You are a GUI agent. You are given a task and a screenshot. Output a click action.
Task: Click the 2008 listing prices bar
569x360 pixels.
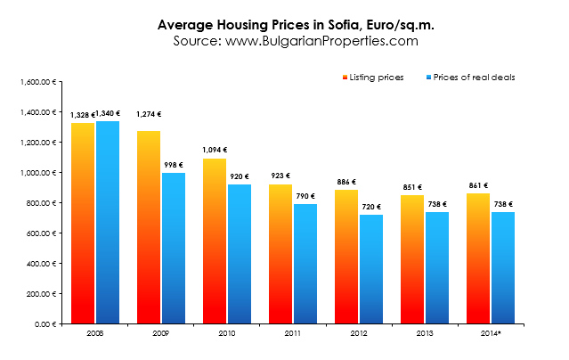pos(82,223)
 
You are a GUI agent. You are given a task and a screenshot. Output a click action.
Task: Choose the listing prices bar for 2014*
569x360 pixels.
pos(478,258)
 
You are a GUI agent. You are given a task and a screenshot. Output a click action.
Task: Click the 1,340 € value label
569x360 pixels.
pos(108,114)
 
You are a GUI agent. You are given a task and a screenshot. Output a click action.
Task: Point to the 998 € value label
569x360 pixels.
pos(174,166)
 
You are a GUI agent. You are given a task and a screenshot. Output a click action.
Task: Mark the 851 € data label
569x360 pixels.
pos(411,188)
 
